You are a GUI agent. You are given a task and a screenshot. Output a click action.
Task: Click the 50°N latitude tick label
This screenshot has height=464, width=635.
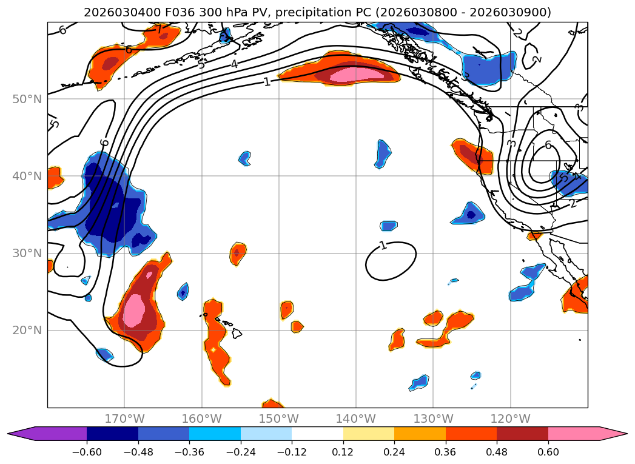27,99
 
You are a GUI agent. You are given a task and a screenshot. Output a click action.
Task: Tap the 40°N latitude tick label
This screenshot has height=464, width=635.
27,176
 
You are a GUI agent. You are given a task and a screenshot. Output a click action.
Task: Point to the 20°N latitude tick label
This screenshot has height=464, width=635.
27,330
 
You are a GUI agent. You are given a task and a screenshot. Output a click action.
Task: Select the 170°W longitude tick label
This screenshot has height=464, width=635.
124,419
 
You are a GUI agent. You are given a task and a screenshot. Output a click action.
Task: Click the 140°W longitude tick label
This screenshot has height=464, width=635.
356,419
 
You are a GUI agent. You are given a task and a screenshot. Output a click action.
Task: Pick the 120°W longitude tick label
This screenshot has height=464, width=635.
510,419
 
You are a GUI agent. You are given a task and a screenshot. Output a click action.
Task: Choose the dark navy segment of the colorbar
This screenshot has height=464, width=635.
112,434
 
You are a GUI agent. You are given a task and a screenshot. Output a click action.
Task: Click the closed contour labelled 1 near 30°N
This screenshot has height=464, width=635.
391,261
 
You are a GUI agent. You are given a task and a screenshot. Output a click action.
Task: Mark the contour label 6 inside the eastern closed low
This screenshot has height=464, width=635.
548,145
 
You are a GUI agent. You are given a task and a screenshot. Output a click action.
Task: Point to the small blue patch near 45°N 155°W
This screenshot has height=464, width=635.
244,158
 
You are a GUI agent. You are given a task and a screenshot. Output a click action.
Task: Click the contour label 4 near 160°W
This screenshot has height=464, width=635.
234,63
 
